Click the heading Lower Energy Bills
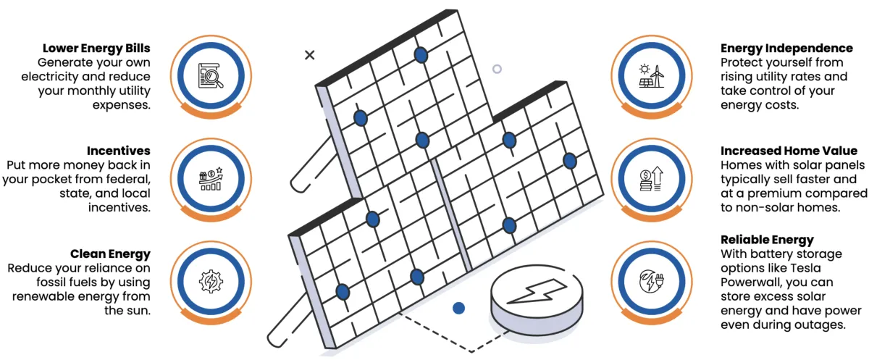96,48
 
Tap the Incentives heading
118,151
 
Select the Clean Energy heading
110,254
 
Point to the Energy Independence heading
786,48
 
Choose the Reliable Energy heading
767,240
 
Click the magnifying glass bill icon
211,75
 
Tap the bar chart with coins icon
211,177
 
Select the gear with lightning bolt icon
211,280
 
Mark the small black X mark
310,54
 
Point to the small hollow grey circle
497,70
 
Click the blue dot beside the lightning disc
458,309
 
